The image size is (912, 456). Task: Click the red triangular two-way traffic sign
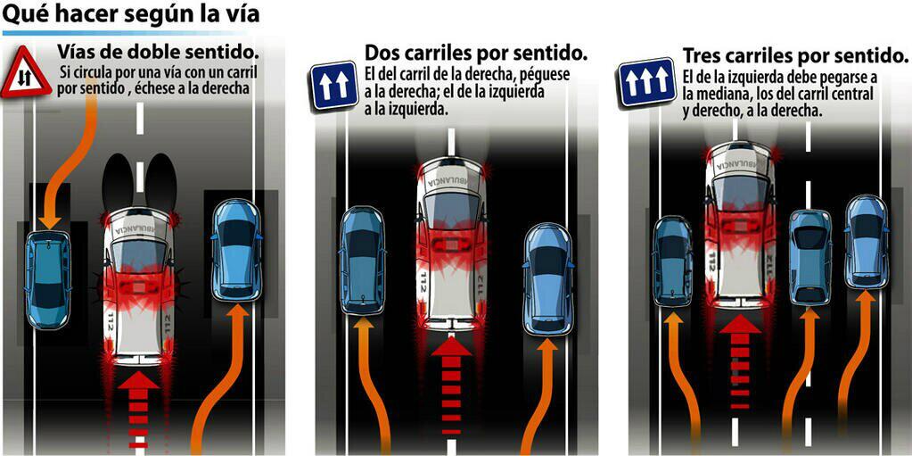(x=26, y=74)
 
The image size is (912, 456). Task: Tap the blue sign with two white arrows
(x=333, y=86)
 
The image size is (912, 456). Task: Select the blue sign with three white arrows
(x=647, y=81)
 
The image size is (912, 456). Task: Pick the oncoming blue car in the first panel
(x=47, y=278)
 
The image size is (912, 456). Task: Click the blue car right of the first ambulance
(x=236, y=250)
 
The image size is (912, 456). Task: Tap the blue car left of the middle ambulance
(x=362, y=260)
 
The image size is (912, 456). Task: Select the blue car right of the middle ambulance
(x=547, y=278)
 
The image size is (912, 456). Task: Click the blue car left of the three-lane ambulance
(x=673, y=261)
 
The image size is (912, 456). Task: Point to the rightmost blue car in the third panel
(x=867, y=241)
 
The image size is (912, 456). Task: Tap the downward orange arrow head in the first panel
(x=48, y=218)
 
